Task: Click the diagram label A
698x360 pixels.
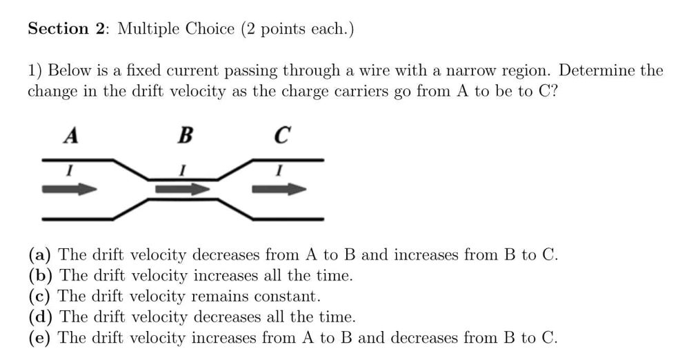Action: point(70,135)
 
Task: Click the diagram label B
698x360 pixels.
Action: point(185,135)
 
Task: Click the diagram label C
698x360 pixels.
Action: point(282,135)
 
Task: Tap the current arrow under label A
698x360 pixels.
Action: point(70,189)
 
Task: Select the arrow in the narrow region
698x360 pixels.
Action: point(183,189)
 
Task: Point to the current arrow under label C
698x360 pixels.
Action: point(279,189)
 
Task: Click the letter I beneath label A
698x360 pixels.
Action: point(70,170)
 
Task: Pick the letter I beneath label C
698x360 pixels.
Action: point(279,170)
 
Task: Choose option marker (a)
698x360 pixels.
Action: point(40,255)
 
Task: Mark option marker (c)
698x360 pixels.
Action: point(39,296)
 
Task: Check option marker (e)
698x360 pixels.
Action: point(39,337)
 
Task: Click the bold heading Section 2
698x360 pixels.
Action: point(66,29)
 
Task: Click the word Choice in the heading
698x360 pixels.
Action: point(210,29)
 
